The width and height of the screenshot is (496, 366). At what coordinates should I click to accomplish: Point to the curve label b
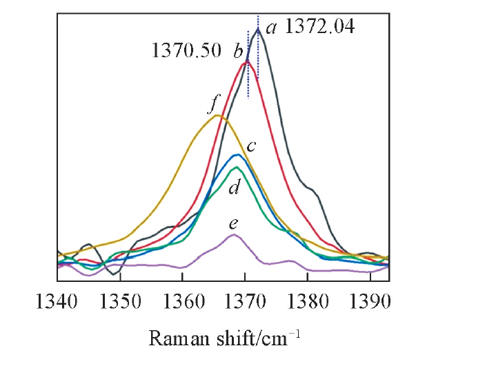click(x=237, y=50)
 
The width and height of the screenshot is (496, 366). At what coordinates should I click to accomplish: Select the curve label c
click(x=252, y=146)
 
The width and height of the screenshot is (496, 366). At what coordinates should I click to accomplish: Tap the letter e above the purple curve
click(x=234, y=223)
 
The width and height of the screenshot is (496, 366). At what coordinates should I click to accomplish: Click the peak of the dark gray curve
click(x=257, y=29)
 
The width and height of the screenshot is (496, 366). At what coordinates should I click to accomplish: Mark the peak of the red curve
click(x=247, y=61)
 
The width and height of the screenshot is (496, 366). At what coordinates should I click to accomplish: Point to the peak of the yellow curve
click(x=217, y=115)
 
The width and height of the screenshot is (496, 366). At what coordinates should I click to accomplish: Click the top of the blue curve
click(x=238, y=154)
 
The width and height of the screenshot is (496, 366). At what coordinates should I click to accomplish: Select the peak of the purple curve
click(x=234, y=234)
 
